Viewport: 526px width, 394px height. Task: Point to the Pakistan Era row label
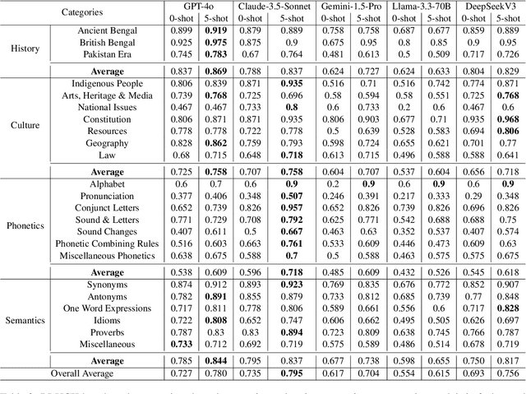(x=104, y=53)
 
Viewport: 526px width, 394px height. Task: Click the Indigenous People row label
(x=104, y=83)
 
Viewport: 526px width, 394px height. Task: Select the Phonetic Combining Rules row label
(x=104, y=243)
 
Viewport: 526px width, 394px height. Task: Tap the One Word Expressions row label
(x=104, y=308)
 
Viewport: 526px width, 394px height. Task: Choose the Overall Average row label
(x=81, y=373)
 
